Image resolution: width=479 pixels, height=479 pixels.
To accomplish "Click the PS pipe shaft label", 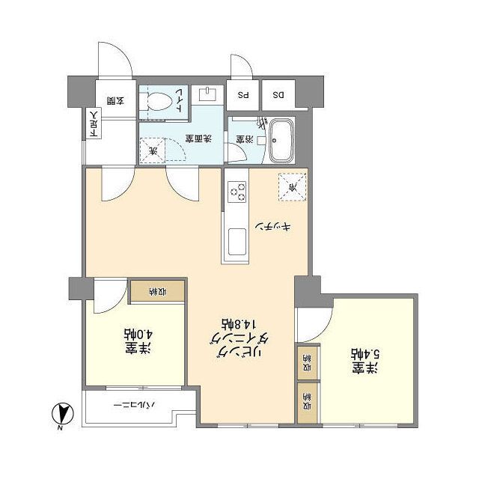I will pyautogui.click(x=242, y=95).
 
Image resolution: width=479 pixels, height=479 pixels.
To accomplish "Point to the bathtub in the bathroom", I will pyautogui.click(x=281, y=139).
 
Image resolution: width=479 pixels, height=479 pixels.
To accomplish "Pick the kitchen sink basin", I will pyautogui.click(x=237, y=244).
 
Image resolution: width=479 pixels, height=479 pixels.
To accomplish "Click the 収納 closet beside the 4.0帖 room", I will pyautogui.click(x=157, y=291).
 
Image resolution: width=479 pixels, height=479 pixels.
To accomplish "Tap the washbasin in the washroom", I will pyautogui.click(x=206, y=94).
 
